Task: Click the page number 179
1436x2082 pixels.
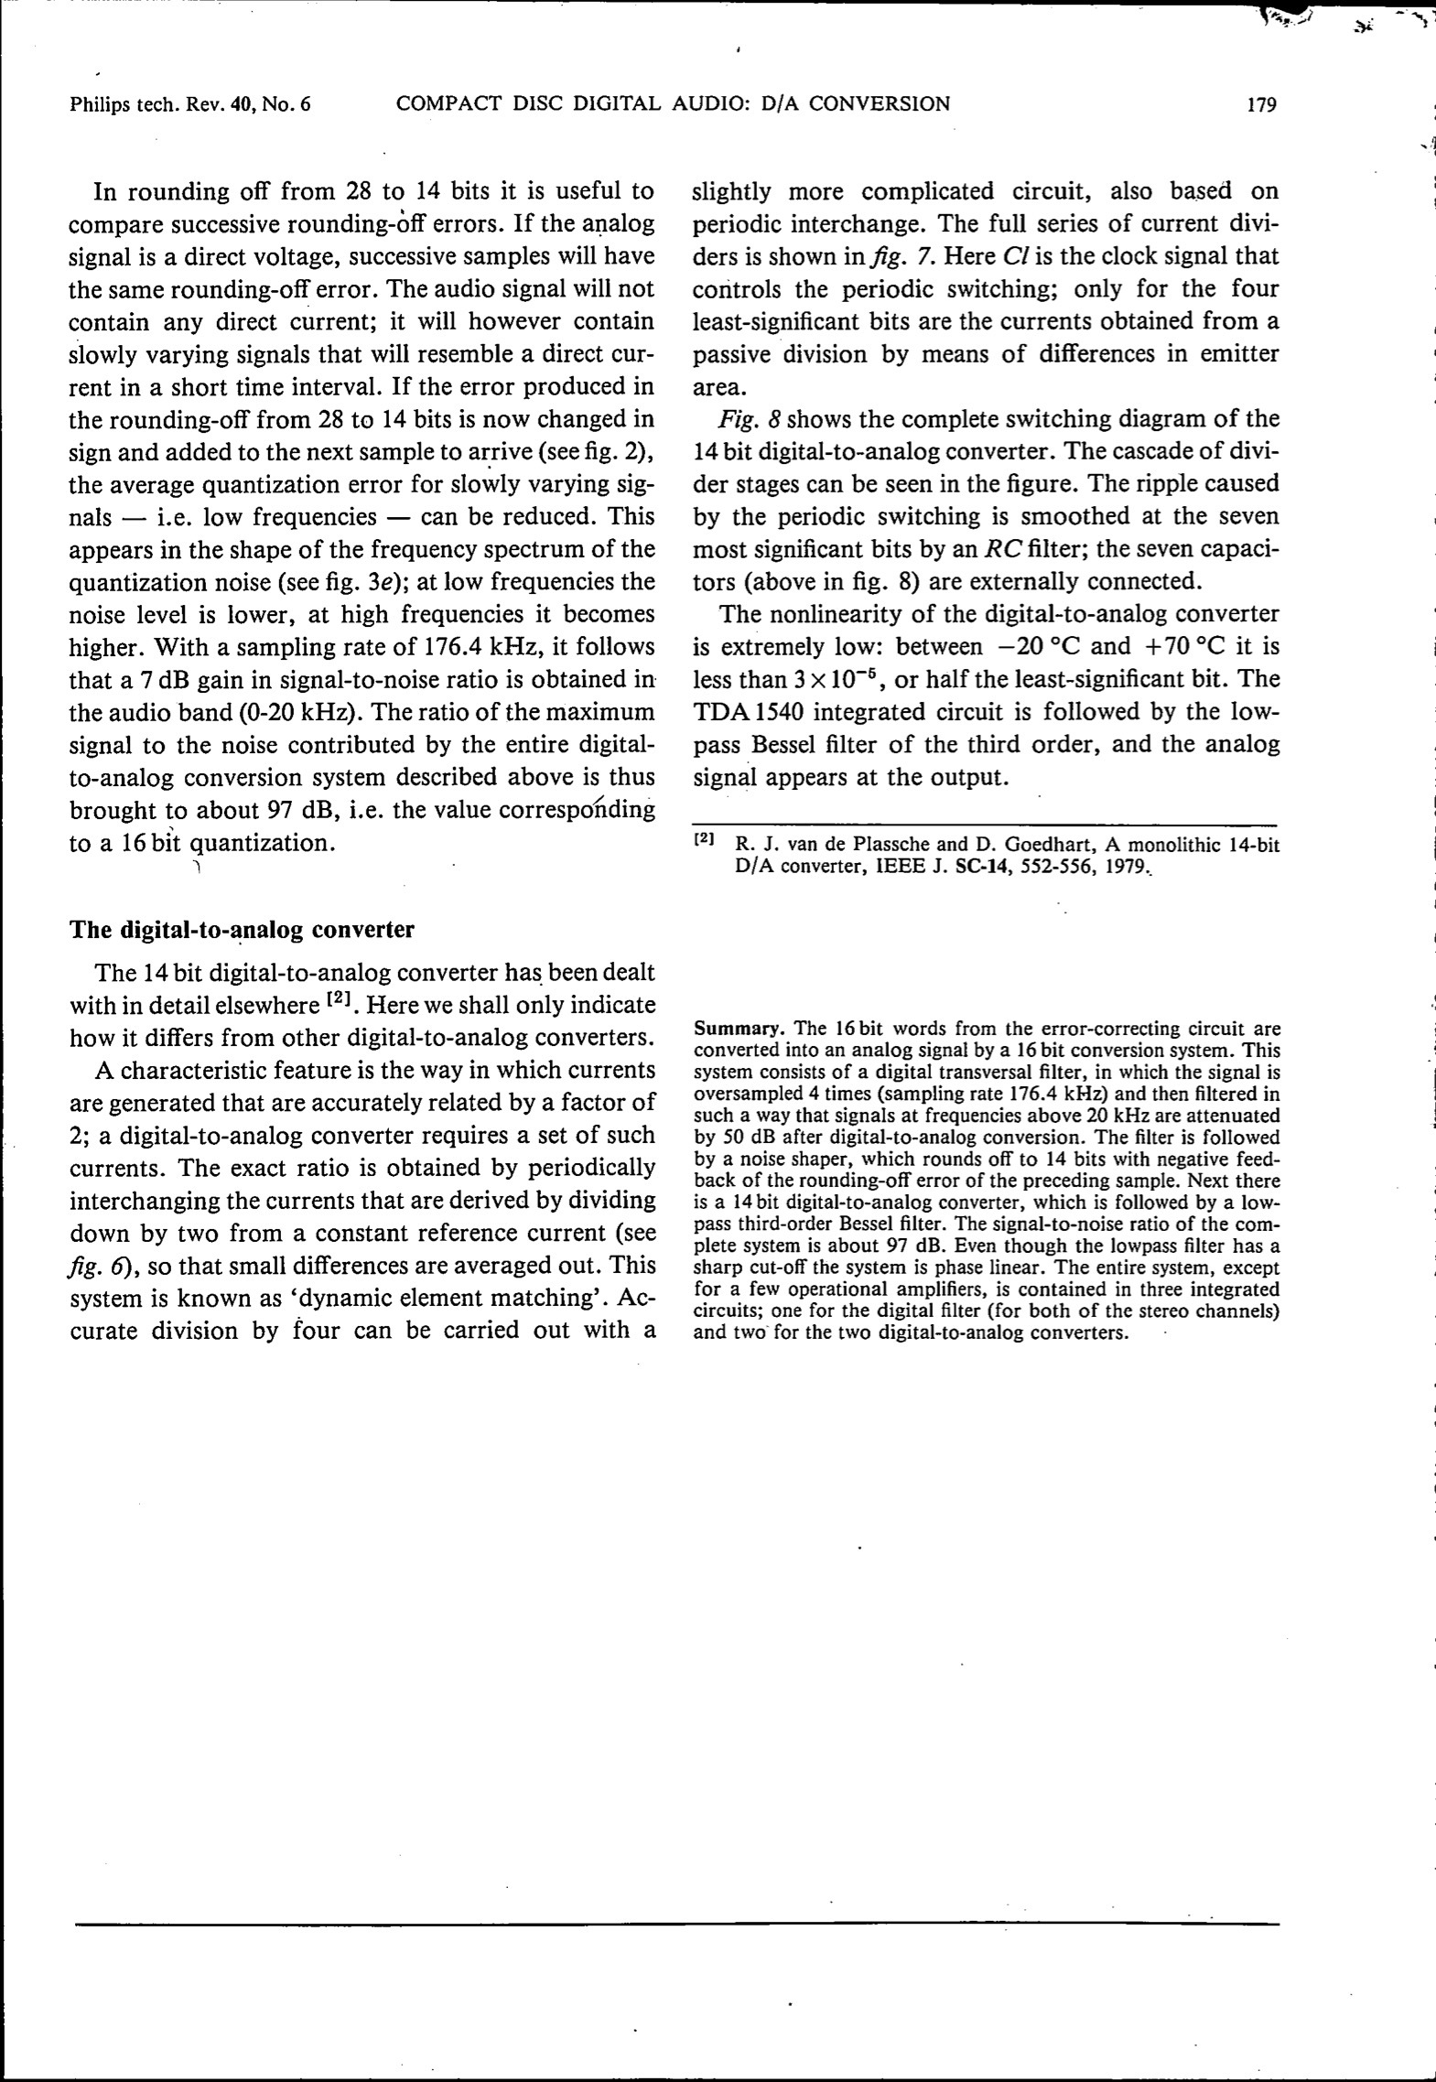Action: pos(1261,104)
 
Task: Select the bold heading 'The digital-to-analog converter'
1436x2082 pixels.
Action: pos(242,930)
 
